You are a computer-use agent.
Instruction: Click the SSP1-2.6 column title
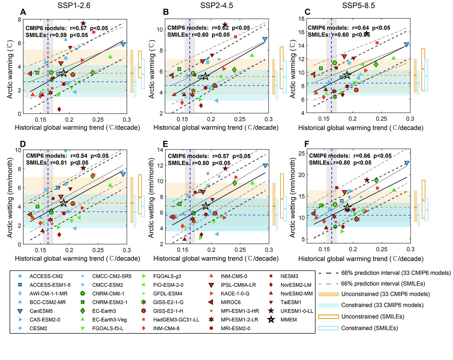(74, 5)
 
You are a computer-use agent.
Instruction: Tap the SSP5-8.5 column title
(358, 5)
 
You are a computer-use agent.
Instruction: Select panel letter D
(23, 143)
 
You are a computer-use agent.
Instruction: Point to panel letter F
(307, 144)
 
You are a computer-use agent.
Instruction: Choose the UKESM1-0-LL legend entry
(297, 311)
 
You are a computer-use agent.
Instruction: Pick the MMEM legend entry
(289, 320)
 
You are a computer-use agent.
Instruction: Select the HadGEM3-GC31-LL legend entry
(176, 320)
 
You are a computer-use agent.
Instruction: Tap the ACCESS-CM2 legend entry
(46, 276)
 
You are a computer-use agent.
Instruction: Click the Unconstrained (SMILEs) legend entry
(373, 317)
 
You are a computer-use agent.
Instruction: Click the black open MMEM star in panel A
(63, 73)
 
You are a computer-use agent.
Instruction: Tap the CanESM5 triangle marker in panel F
(407, 163)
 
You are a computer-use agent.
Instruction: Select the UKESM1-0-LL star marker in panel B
(225, 25)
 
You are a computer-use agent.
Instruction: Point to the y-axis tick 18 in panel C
(301, 19)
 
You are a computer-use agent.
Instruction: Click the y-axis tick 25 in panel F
(301, 153)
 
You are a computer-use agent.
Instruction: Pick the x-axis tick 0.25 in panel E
(240, 250)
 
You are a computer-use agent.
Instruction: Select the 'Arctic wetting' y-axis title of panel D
(10, 198)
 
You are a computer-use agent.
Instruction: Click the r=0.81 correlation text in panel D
(58, 163)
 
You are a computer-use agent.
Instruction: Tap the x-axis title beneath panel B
(216, 128)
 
